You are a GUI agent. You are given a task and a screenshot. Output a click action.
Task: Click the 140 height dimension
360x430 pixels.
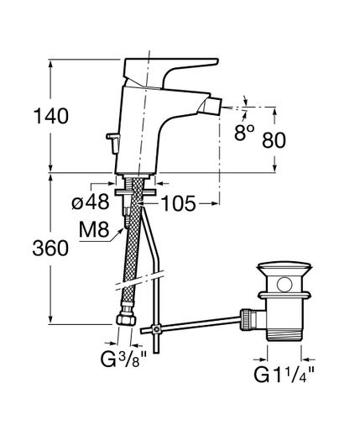pyautogui.click(x=51, y=116)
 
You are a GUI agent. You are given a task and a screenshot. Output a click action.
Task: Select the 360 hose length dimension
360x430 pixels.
pyautogui.click(x=50, y=248)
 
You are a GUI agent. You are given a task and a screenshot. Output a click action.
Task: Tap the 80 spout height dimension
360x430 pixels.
pyautogui.click(x=274, y=140)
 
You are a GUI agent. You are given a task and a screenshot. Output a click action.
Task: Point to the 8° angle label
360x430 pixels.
pyautogui.click(x=244, y=132)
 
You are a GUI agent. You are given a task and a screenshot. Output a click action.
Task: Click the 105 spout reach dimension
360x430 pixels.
pyautogui.click(x=179, y=203)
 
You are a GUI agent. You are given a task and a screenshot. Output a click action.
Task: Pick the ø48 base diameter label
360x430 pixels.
pyautogui.click(x=90, y=202)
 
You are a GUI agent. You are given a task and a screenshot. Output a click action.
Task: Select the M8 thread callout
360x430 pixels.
pyautogui.click(x=94, y=229)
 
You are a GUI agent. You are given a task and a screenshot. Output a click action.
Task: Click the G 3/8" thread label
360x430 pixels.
pyautogui.click(x=123, y=359)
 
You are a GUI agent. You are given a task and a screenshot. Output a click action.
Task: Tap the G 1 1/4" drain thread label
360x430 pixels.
pyautogui.click(x=284, y=374)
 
